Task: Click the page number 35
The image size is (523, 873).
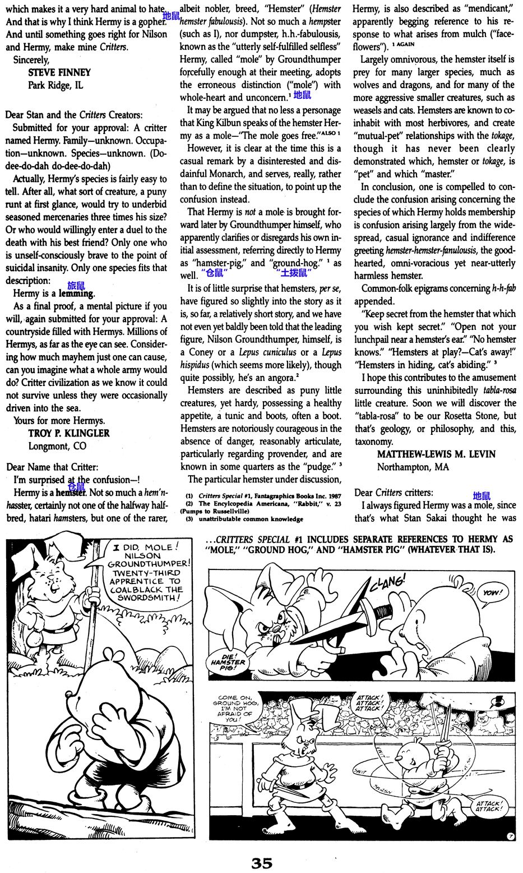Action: click(261, 863)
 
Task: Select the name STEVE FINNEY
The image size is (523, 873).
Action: click(59, 72)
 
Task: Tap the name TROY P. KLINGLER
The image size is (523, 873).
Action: click(69, 433)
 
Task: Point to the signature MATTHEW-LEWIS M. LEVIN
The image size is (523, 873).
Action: click(436, 454)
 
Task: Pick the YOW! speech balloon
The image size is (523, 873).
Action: click(490, 592)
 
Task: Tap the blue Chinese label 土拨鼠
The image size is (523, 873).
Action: click(293, 273)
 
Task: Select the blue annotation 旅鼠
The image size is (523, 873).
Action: click(76, 285)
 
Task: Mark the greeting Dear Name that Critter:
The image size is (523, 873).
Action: click(52, 467)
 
